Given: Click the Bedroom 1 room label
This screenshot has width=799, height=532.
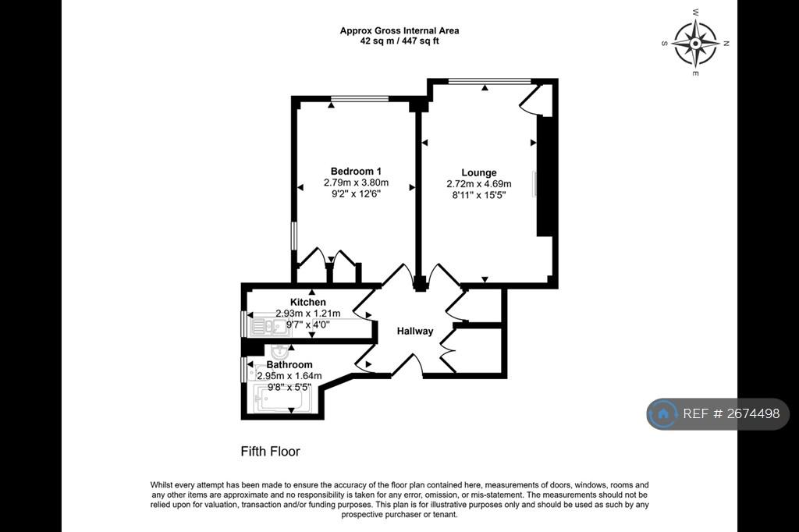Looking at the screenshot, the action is pyautogui.click(x=356, y=171).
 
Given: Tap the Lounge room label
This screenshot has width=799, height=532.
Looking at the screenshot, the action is pyautogui.click(x=479, y=172).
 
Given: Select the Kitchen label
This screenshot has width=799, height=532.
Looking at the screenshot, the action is pyautogui.click(x=307, y=302).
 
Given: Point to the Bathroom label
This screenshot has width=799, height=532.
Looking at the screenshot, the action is pyautogui.click(x=289, y=365).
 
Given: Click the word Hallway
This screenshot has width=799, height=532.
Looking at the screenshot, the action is pyautogui.click(x=415, y=332).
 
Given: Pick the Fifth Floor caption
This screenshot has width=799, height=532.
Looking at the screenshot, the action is pyautogui.click(x=270, y=451).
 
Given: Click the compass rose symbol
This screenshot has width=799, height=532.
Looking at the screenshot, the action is pyautogui.click(x=695, y=44).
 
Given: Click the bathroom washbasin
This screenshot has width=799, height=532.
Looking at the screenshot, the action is pyautogui.click(x=280, y=351).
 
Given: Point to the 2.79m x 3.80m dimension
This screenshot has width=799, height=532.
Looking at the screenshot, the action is pyautogui.click(x=356, y=183).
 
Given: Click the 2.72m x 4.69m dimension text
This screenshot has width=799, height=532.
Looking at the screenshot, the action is pyautogui.click(x=479, y=184).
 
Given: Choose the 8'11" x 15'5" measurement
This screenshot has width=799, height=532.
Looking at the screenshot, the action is pyautogui.click(x=479, y=195).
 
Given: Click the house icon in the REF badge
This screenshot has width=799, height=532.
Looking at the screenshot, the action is pyautogui.click(x=663, y=413).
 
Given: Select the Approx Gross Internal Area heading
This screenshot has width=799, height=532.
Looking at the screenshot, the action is pyautogui.click(x=399, y=30).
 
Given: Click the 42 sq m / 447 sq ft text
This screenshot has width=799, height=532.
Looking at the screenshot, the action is pyautogui.click(x=399, y=41).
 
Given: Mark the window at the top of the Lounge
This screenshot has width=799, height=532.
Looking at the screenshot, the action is pyautogui.click(x=490, y=81).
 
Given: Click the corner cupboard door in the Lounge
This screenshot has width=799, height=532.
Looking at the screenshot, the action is pyautogui.click(x=529, y=98).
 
